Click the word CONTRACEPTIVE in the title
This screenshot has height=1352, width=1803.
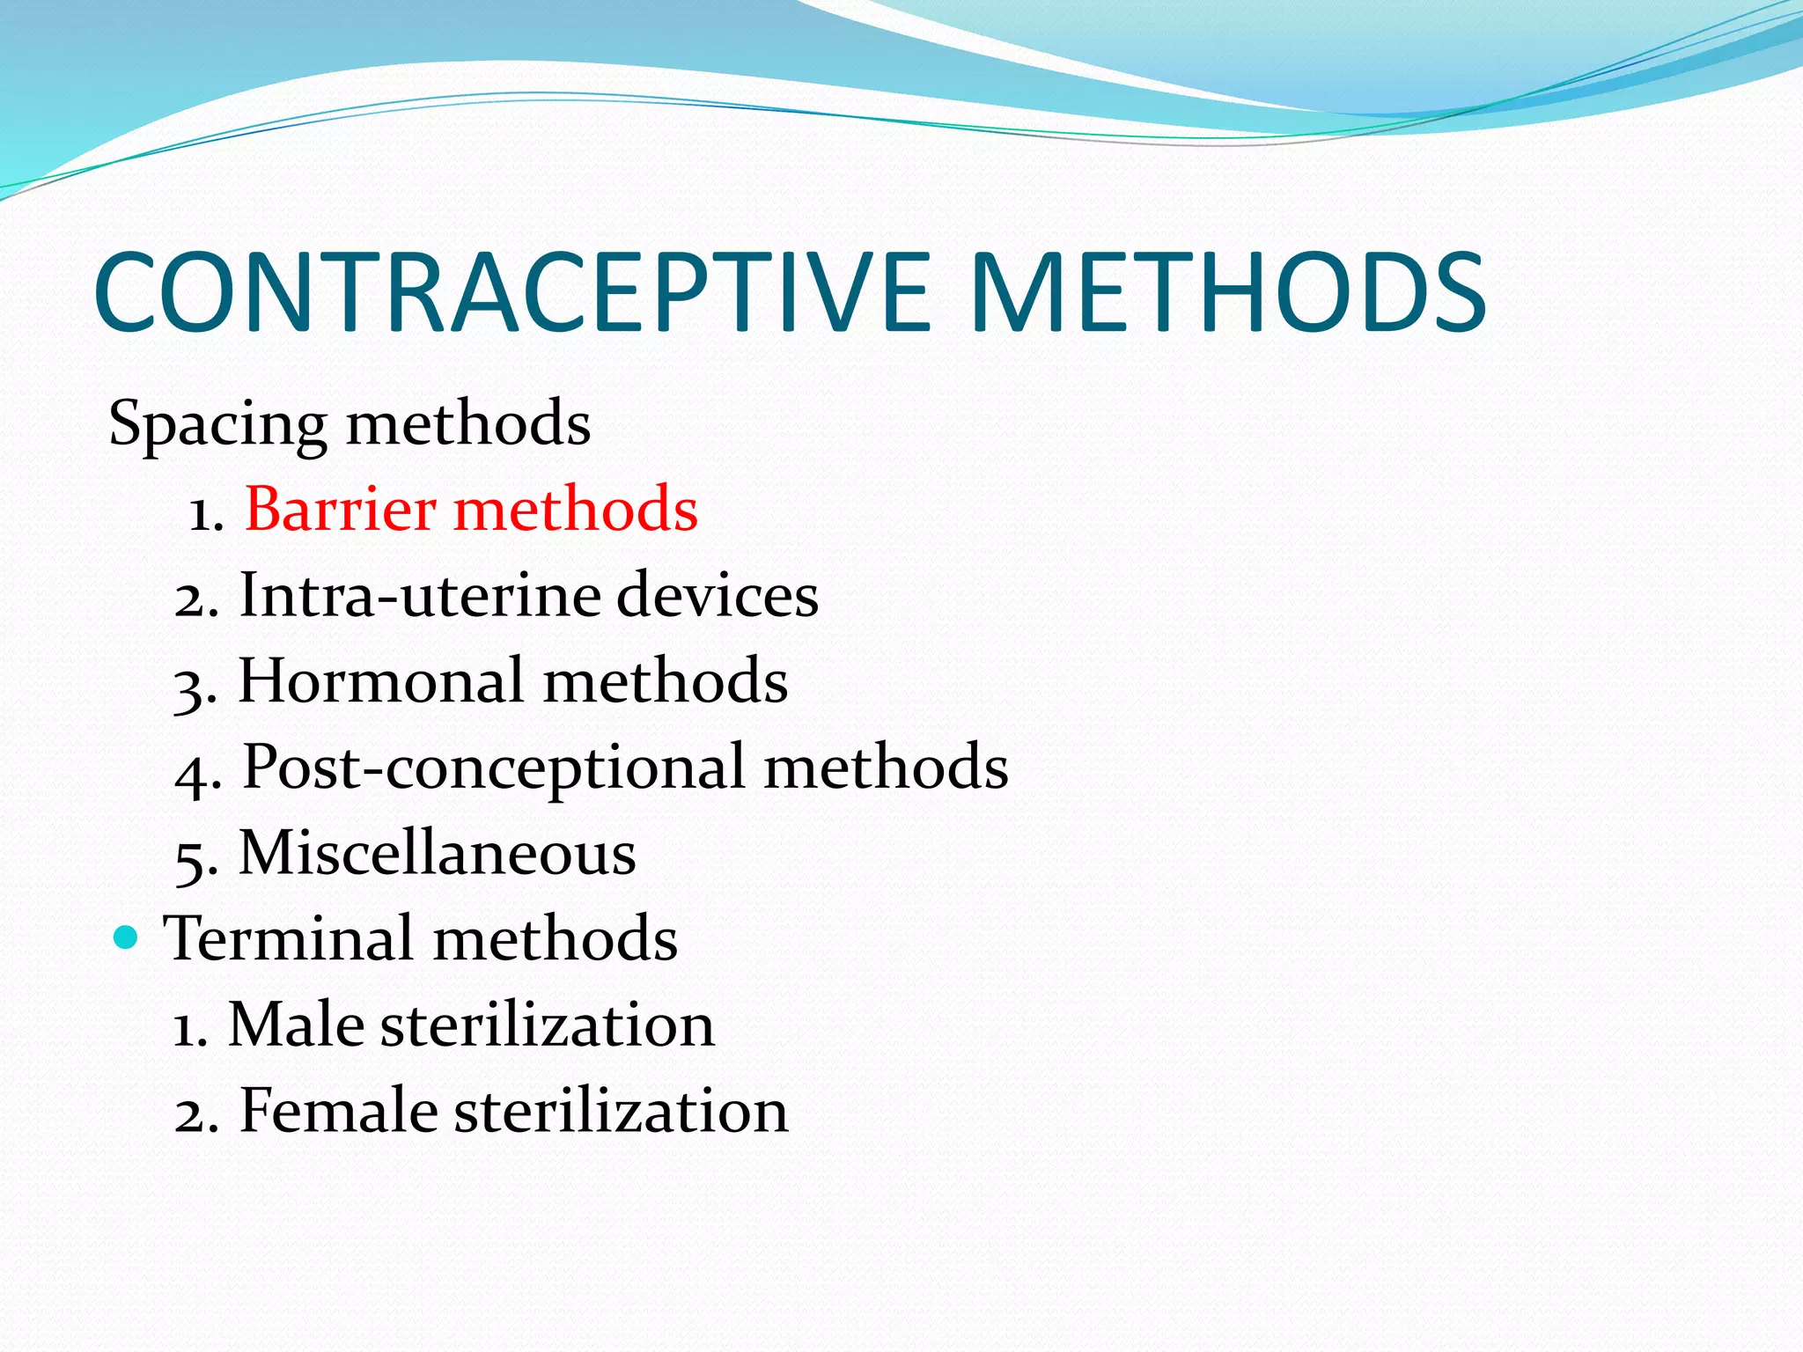click(511, 292)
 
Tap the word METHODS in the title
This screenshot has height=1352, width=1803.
click(1228, 292)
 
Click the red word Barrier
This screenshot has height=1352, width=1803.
click(340, 510)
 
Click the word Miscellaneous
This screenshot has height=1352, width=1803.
click(438, 853)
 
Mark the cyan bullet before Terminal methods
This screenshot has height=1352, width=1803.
click(127, 937)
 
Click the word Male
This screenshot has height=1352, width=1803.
click(296, 1025)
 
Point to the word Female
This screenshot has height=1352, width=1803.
click(338, 1111)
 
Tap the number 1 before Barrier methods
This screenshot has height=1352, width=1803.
click(205, 514)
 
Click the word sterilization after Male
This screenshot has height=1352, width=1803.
click(547, 1025)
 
